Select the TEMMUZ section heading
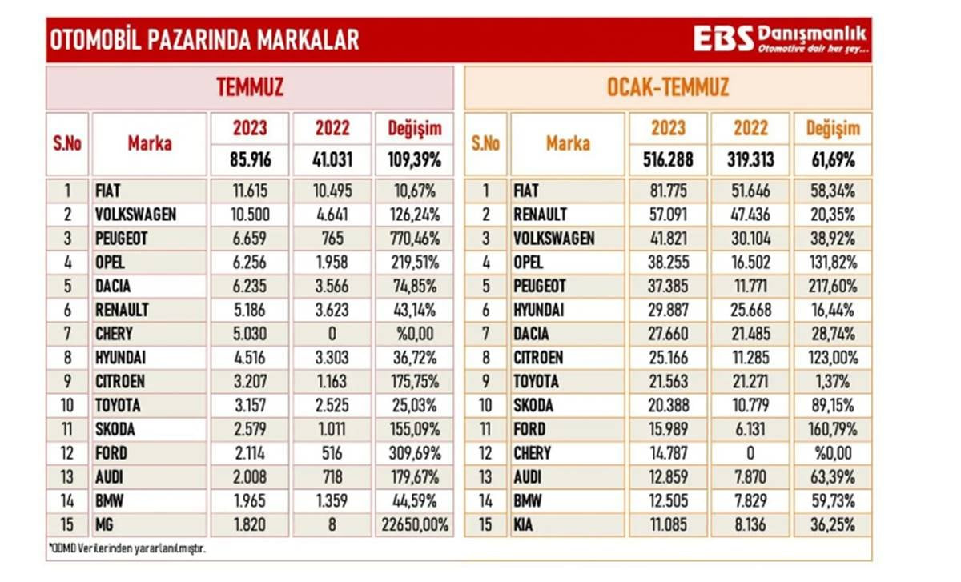(x=250, y=87)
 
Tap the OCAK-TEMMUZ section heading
(x=668, y=87)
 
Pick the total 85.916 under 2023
(x=250, y=159)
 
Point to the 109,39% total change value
(x=414, y=159)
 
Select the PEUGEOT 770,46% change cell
(x=414, y=239)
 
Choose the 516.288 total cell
(x=668, y=159)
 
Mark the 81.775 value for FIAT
(x=668, y=191)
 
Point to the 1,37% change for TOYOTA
(x=832, y=382)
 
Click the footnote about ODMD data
(x=121, y=548)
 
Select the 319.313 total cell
(x=750, y=159)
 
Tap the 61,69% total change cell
(x=832, y=159)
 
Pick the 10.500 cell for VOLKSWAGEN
(x=250, y=215)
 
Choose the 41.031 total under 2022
(x=332, y=159)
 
